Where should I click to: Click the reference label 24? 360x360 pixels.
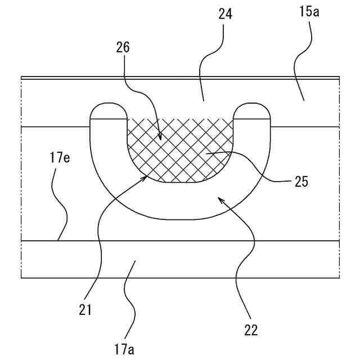225,15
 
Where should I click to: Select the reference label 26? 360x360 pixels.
123,47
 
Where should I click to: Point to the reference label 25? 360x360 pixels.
300,182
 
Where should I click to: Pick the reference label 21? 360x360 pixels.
85,309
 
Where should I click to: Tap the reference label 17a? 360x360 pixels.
124,349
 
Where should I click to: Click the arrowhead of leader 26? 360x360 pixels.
161,138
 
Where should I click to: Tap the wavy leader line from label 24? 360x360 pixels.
209,62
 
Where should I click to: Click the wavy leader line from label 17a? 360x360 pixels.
131,298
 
